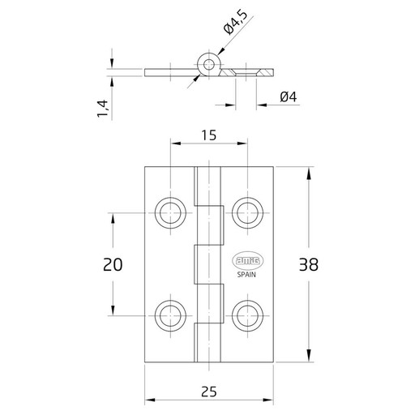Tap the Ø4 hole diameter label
(289, 97)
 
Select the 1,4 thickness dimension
(103, 109)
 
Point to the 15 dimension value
(209, 135)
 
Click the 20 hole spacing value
(113, 264)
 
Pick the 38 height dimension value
(309, 264)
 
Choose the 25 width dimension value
(209, 391)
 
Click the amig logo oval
(248, 261)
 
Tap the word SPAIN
(246, 275)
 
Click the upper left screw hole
(170, 213)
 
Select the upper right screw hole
(247, 213)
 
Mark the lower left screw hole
(170, 316)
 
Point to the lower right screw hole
(247, 316)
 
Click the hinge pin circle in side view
(209, 65)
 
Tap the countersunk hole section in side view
(246, 73)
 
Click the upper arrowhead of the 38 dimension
(308, 173)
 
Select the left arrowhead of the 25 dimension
(151, 400)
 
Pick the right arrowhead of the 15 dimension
(241, 143)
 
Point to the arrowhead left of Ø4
(229, 105)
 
